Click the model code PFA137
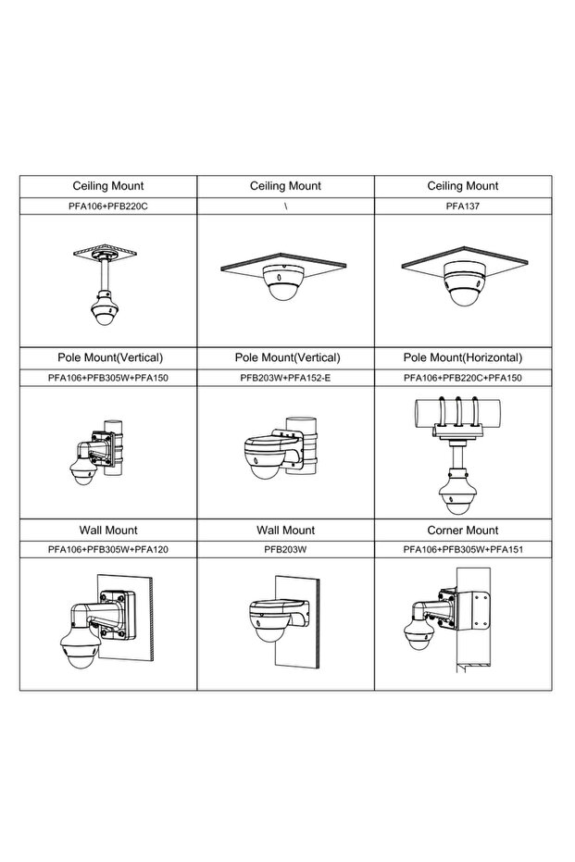pos(462,206)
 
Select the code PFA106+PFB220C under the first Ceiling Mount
pos(107,206)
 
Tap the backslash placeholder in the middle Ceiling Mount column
pos(286,206)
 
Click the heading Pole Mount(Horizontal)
pos(462,357)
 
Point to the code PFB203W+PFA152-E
pos(285,378)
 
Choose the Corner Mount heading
pos(462,530)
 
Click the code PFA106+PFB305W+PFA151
pos(463,549)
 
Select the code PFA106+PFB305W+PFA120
pos(107,549)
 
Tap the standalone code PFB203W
pos(285,549)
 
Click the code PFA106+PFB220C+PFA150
pos(462,378)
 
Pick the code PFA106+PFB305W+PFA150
pos(107,378)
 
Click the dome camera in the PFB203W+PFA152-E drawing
pos(265,458)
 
